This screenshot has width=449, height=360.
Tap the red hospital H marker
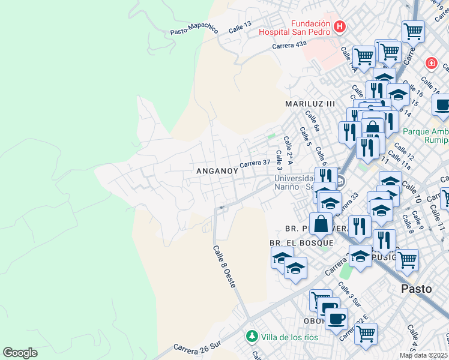coord(340,26)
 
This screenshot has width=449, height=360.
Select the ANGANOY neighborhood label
coord(217,171)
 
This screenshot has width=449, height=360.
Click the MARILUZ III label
coord(310,104)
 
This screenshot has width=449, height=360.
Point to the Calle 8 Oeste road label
coord(224,266)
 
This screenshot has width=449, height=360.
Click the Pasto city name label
coord(416,289)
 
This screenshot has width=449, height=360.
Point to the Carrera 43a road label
coord(289,45)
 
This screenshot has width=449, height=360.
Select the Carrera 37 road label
coord(255,163)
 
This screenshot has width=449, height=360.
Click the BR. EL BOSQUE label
coord(301,242)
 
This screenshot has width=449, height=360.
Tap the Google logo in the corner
coord(20,353)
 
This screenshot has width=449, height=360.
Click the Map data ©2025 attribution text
coord(423,355)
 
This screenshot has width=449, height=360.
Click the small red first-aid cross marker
coord(430,63)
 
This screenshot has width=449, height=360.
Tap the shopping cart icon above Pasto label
coord(406,259)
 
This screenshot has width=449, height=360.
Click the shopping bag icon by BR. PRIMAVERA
coord(322,223)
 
